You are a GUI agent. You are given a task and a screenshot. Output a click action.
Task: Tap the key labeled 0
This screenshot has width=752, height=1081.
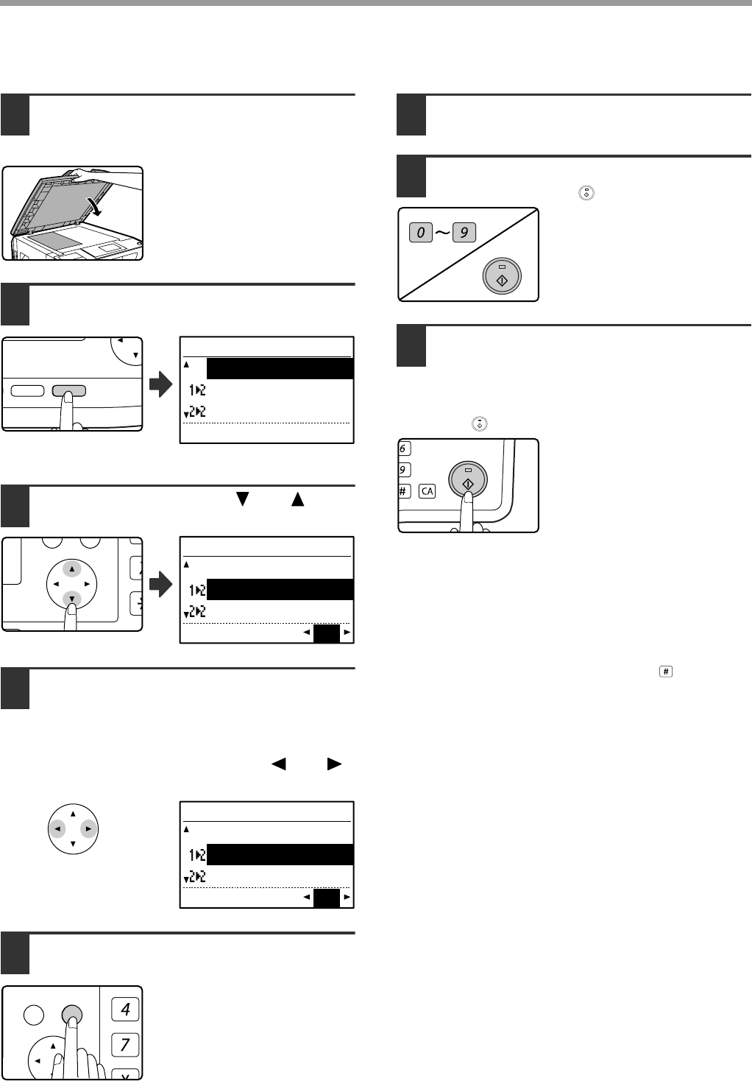(x=422, y=233)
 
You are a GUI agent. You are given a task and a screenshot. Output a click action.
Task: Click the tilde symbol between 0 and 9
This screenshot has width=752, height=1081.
(x=442, y=233)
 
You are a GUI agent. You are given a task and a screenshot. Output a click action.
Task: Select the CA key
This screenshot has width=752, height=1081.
(x=428, y=490)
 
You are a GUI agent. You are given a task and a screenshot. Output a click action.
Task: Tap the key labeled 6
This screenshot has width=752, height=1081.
(x=404, y=448)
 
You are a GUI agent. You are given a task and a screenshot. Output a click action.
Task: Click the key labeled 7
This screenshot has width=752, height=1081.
(x=125, y=1044)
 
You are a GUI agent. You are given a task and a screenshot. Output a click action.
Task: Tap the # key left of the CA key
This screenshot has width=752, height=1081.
(x=404, y=490)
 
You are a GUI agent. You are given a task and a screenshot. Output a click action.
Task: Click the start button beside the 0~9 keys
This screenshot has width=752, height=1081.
(x=502, y=276)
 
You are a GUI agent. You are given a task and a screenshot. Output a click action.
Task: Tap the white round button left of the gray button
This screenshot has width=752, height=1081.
(x=34, y=1015)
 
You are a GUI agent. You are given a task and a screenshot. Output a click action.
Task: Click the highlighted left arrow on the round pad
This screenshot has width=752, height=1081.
(x=57, y=828)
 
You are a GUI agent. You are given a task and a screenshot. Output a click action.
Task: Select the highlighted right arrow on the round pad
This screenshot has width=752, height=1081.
(x=88, y=828)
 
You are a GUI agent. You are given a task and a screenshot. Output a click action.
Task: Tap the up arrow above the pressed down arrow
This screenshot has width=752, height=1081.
(x=71, y=569)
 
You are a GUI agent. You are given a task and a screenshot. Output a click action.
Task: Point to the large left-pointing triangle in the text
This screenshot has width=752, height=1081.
(x=279, y=764)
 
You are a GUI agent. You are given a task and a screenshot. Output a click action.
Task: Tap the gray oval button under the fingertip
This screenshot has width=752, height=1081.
(x=68, y=390)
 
